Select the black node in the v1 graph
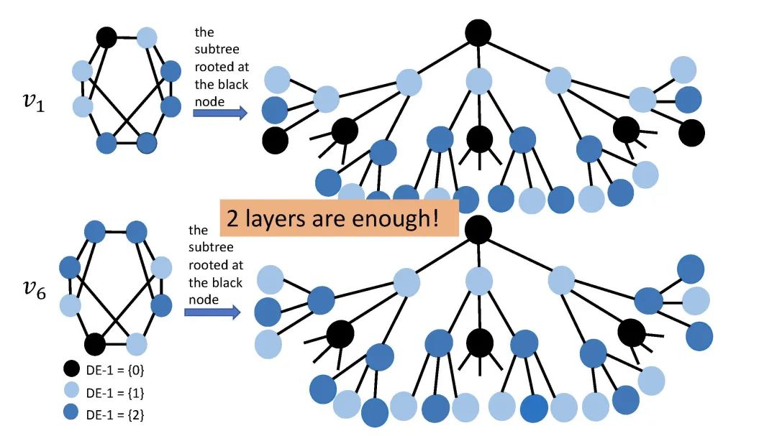tap(106, 37)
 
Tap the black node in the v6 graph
tap(95, 344)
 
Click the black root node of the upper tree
tap(478, 32)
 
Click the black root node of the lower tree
tap(478, 229)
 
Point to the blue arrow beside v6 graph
tap(212, 312)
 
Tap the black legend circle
tap(70, 371)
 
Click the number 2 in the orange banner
tap(233, 218)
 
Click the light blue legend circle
tap(70, 392)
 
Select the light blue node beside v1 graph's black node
tap(147, 37)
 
